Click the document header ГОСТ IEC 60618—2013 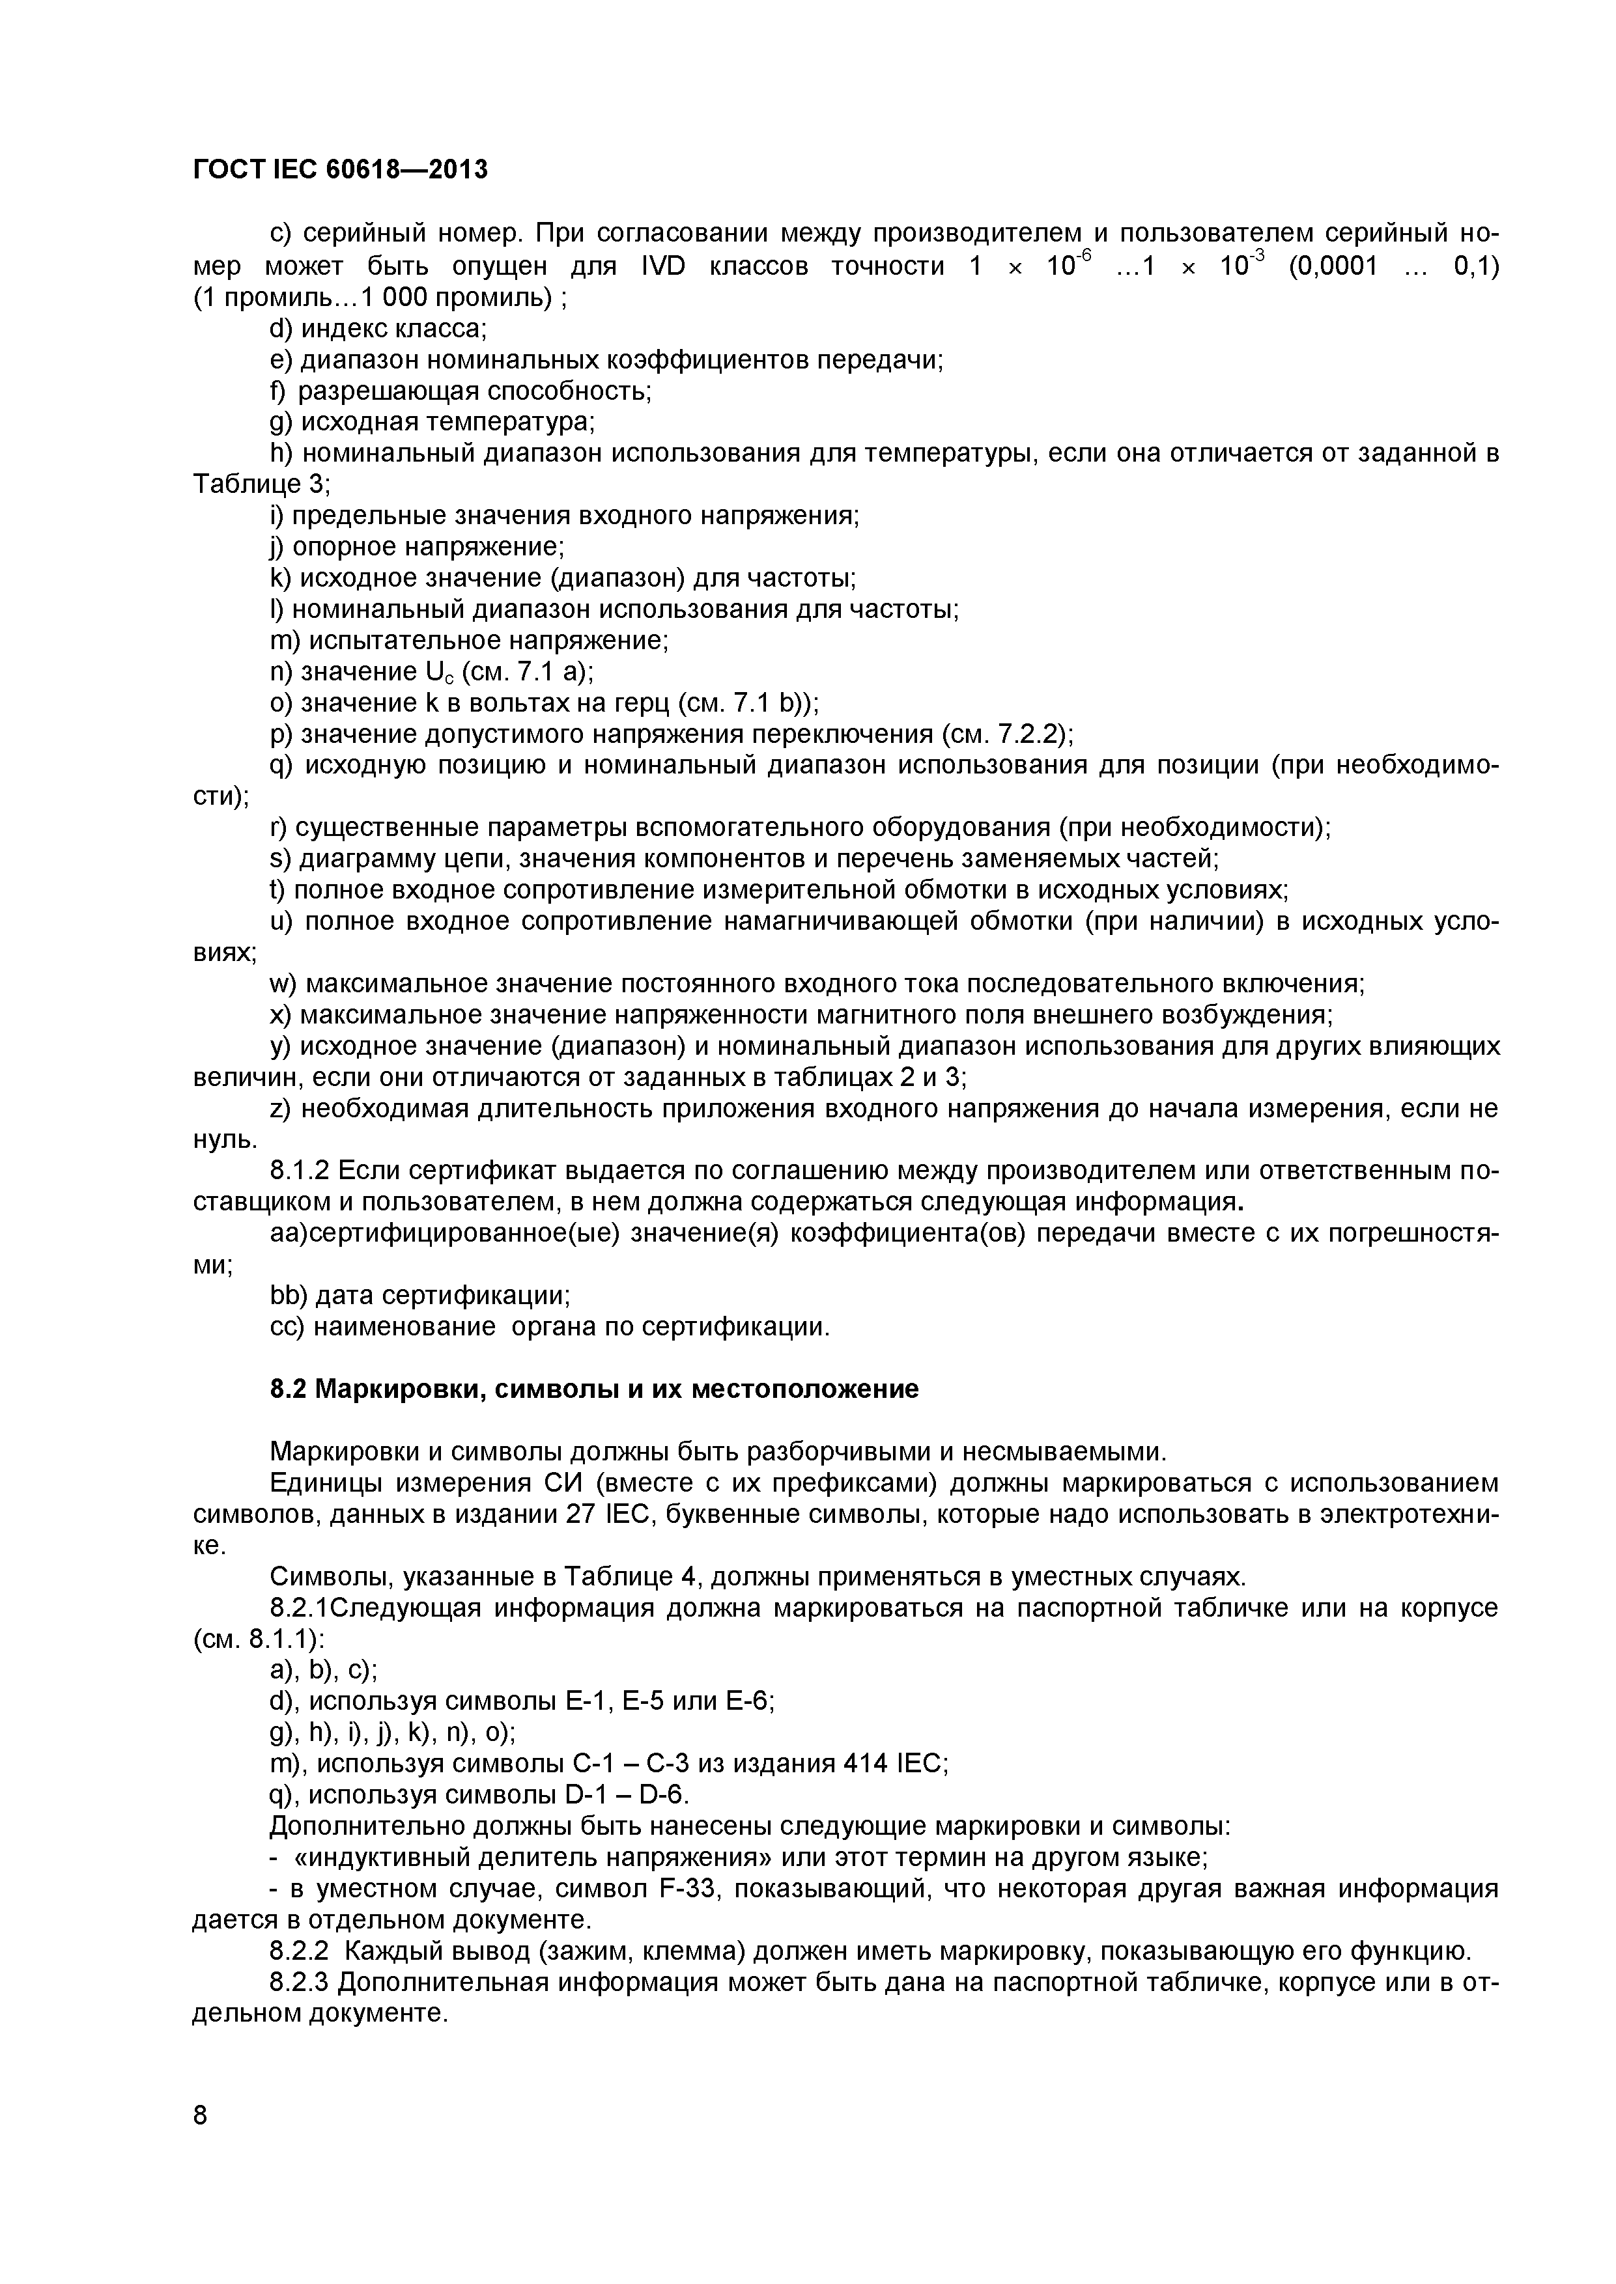coord(340,170)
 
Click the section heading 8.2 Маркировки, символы coord(594,1389)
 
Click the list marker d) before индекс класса coord(281,328)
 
